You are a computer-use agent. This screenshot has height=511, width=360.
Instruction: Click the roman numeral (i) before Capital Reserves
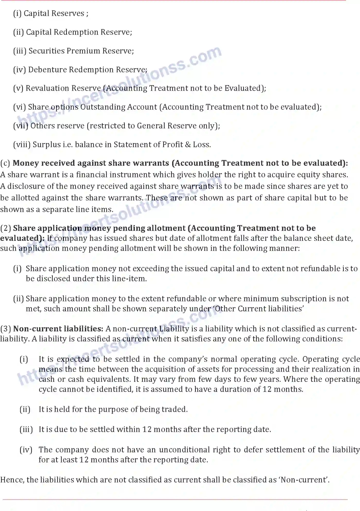click(17, 13)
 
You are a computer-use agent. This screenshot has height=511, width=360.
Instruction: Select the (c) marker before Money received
click(5, 163)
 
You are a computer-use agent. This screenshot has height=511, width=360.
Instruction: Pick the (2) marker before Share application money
click(6, 228)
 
